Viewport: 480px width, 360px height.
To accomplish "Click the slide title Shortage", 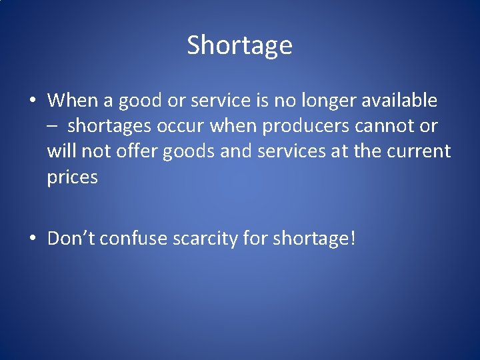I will coord(239,45).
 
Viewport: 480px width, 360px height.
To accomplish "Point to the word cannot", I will coord(387,126).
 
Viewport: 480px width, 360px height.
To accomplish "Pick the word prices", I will coord(72,177).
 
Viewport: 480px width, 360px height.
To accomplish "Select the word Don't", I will coord(69,238).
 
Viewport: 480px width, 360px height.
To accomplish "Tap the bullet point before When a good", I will coord(32,101).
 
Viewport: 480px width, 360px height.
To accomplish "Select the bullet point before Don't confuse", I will coord(32,239).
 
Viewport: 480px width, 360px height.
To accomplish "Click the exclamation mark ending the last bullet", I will coord(352,238).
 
